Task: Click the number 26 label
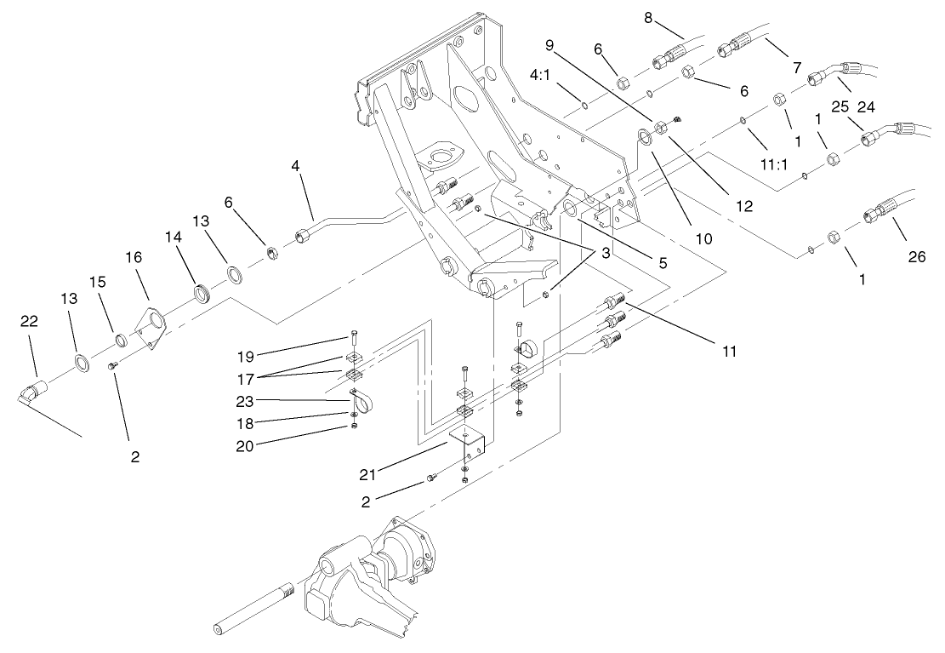click(x=916, y=258)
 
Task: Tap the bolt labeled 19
click(x=352, y=340)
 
